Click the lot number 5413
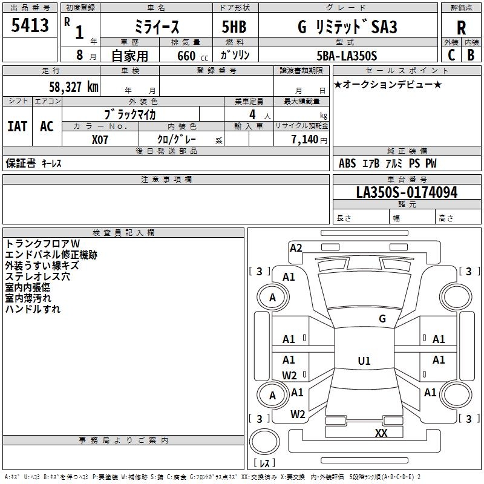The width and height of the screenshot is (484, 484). (x=30, y=25)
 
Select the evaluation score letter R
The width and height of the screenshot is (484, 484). (x=461, y=27)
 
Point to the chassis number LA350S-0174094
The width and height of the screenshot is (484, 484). (x=407, y=192)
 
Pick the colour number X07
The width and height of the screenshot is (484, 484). (x=100, y=140)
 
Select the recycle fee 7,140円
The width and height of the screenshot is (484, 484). (x=309, y=140)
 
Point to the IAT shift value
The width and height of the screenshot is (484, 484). (x=17, y=126)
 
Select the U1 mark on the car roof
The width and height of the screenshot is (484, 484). (x=364, y=361)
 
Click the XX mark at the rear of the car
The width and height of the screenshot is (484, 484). (x=381, y=433)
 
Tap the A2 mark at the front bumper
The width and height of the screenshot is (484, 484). (x=296, y=247)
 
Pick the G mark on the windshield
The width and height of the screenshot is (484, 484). (x=382, y=318)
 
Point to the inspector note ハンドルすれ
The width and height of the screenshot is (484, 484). (x=33, y=309)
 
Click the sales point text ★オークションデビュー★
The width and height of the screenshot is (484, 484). (x=388, y=84)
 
